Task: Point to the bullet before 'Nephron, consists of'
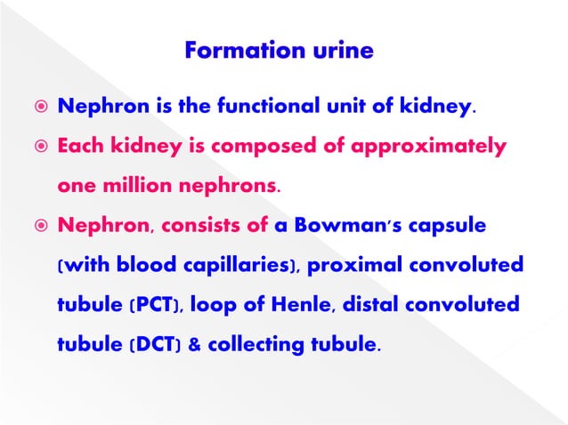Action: click(x=33, y=227)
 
